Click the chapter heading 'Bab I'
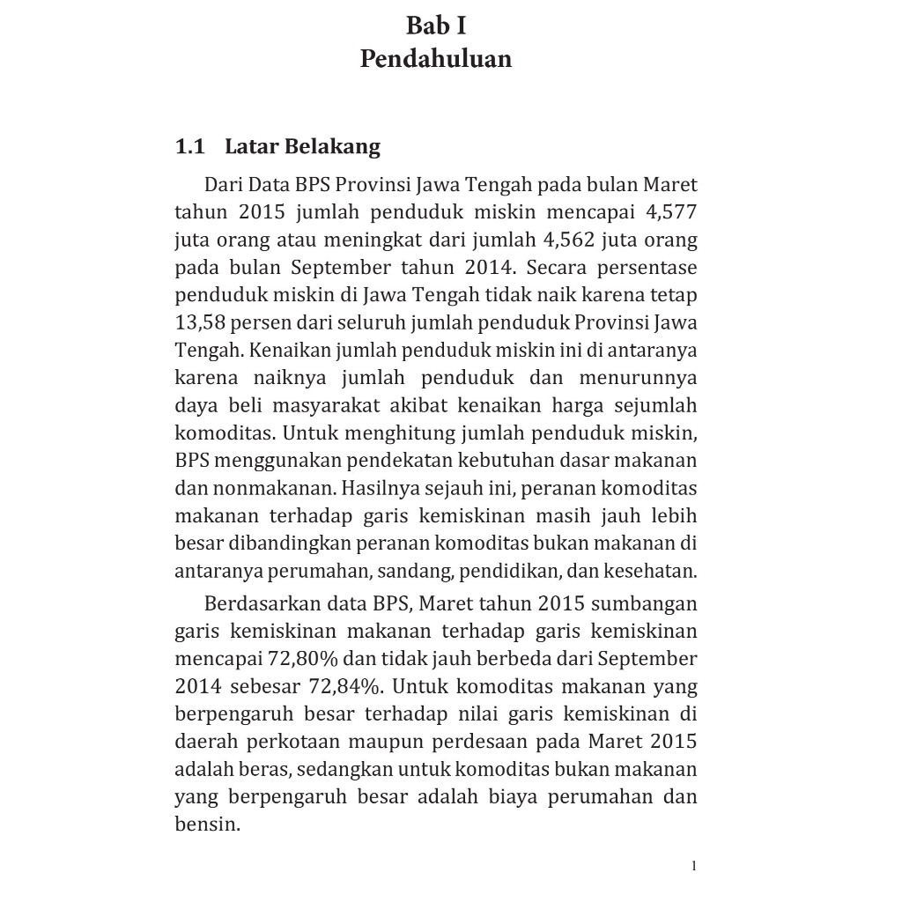436,26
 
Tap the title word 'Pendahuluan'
436,59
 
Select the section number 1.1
189,146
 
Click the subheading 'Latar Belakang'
302,146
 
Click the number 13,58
200,322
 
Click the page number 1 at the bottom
694,866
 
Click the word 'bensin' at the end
206,825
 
